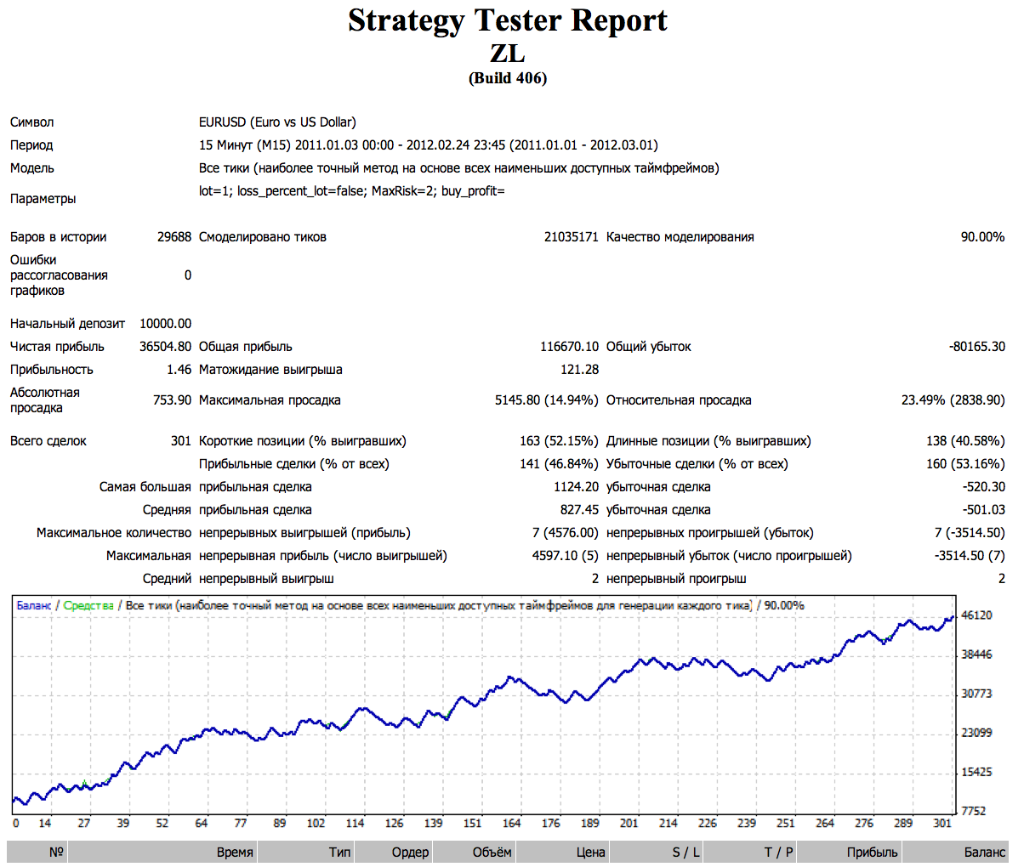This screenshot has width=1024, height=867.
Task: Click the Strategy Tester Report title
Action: (508, 20)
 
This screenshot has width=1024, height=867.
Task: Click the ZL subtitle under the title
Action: (508, 53)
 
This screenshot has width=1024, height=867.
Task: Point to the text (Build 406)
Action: (508, 78)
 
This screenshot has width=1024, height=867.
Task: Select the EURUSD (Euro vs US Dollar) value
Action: (277, 122)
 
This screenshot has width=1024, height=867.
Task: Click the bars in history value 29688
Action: (174, 237)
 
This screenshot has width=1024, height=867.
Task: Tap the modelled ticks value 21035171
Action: (572, 237)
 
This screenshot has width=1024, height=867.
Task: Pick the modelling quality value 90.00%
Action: (982, 237)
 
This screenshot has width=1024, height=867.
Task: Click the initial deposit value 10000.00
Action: (166, 324)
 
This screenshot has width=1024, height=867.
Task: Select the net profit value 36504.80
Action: (166, 347)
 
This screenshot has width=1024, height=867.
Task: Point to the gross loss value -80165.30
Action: (976, 347)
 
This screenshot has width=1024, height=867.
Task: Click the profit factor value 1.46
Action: (179, 370)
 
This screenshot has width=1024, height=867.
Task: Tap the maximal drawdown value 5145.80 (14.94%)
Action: (547, 400)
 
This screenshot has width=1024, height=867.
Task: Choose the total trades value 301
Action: (181, 441)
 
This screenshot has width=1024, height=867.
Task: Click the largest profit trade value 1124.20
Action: (576, 487)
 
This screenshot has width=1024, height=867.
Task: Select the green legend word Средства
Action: (88, 605)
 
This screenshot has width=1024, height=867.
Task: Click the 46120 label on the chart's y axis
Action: (976, 615)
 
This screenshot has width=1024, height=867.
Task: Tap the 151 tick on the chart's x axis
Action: (472, 823)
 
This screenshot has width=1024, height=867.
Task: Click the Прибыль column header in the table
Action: (872, 852)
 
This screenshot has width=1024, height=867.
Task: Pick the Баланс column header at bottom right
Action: (984, 852)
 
